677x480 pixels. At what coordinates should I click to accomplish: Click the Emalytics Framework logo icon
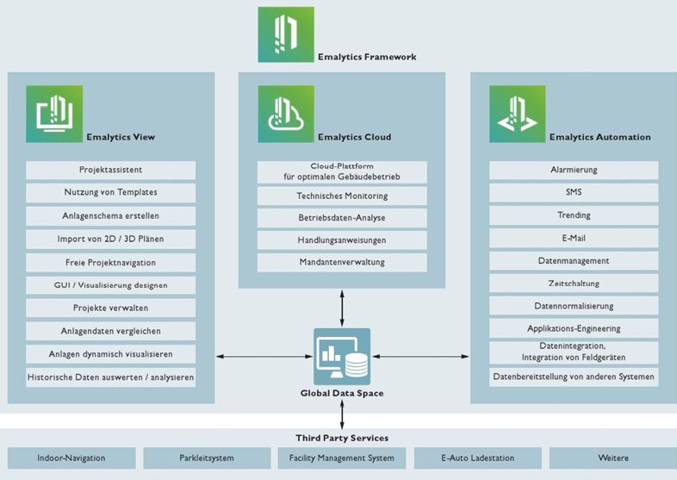coord(286,34)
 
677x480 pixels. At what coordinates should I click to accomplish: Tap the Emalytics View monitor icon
coord(54,114)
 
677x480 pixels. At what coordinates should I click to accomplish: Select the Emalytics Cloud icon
coord(286,114)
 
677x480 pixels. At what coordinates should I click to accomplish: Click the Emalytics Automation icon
coord(517,114)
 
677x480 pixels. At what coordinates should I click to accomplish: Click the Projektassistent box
coord(110,170)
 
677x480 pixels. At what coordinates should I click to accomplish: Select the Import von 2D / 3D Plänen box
coord(110,239)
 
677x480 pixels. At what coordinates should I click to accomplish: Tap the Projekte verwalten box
coord(110,308)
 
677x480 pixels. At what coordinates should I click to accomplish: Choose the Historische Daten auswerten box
coord(110,377)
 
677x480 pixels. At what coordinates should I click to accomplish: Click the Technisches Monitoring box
coord(342,196)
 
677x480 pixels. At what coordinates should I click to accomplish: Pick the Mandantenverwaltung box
coord(342,262)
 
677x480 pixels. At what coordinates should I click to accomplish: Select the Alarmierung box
coord(574,170)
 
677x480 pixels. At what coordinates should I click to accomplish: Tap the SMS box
coord(574,192)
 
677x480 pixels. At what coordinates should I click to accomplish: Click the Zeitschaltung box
coord(574,283)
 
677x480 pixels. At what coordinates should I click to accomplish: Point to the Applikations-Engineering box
coord(574,328)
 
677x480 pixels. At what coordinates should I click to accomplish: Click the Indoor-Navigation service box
coord(71,458)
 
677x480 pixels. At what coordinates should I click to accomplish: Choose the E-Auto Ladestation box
coord(478,458)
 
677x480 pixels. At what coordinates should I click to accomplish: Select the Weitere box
coord(613,458)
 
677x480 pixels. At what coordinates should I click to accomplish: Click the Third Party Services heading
coord(342,438)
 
